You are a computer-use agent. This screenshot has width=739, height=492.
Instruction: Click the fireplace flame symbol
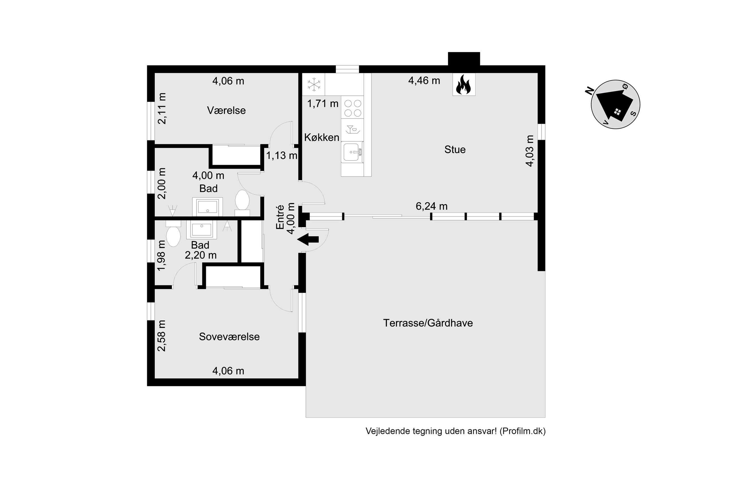point(464,85)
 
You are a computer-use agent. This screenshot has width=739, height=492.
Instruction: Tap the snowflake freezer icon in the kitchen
point(314,84)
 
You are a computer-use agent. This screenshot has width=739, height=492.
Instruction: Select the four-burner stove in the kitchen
point(352,108)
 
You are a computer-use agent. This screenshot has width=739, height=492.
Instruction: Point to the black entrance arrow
point(308,239)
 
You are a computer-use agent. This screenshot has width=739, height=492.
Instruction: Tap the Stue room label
point(455,150)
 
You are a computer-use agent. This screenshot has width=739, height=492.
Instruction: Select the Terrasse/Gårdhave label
point(428,323)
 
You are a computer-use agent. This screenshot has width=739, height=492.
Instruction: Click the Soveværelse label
point(229,337)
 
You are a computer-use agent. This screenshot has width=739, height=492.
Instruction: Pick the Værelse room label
point(226,110)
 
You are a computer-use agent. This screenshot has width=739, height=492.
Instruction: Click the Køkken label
point(321,137)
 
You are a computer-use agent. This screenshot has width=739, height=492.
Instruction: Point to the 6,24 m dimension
point(431,206)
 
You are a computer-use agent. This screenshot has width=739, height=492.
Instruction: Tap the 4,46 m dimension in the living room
point(424,81)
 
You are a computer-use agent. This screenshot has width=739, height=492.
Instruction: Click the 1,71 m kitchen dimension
point(323,104)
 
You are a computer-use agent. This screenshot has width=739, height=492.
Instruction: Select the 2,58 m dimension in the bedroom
point(161,335)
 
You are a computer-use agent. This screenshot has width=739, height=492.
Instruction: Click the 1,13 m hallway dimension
point(282,155)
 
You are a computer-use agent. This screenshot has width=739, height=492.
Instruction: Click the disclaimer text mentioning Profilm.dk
point(455,431)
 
